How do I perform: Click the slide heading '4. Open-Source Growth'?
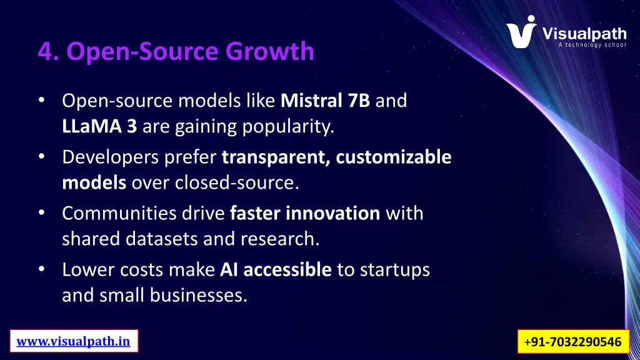coord(176,51)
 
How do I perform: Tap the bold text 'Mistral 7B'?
coord(326,101)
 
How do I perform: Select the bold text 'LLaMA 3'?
coord(100,127)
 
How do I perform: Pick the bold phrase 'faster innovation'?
coord(305,214)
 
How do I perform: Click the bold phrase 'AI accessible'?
coord(276,270)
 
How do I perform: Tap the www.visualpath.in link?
coord(73,341)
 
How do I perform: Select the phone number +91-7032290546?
coord(573,342)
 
